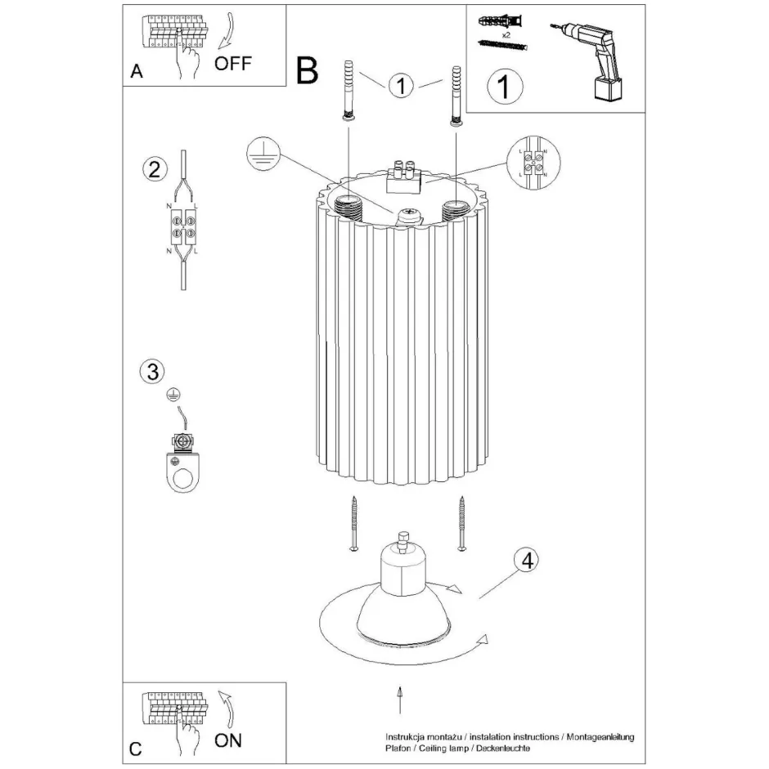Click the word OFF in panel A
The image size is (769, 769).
[234, 64]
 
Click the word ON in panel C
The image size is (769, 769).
[228, 740]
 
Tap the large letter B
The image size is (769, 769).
[307, 72]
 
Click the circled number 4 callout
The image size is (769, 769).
[527, 561]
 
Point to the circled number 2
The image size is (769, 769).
[152, 170]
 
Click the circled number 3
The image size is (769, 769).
[150, 372]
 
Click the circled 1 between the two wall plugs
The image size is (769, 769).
[400, 85]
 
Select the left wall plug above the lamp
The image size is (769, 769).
[348, 90]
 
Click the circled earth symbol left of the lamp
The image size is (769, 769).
[263, 154]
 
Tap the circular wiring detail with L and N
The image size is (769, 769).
[533, 163]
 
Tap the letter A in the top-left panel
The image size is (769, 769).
[137, 72]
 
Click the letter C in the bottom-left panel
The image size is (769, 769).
[136, 749]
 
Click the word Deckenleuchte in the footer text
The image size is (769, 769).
[500, 749]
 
